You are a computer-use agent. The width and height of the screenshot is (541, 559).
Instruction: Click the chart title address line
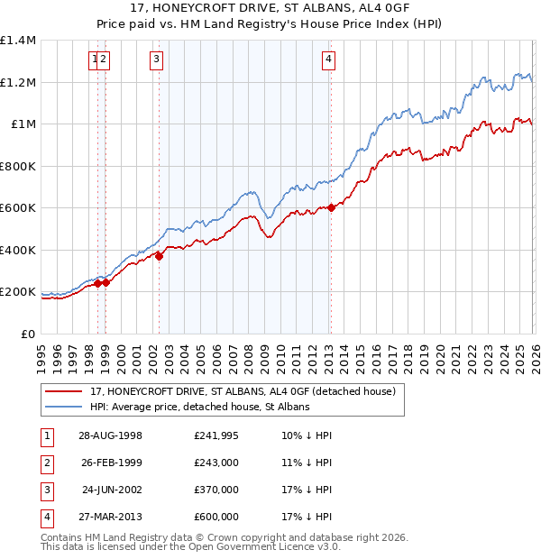point(270,9)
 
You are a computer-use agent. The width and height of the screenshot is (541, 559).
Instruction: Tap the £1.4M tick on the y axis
point(18,41)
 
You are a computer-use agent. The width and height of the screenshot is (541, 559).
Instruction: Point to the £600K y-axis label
point(18,208)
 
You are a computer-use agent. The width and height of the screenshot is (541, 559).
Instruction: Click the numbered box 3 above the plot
point(157,60)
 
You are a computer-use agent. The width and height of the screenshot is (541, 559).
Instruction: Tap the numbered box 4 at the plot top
point(329,60)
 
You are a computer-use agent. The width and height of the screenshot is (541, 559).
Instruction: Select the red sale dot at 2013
point(331,208)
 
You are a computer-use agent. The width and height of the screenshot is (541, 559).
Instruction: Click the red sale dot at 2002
point(160,256)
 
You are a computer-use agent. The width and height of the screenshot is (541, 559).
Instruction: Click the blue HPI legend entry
point(199,407)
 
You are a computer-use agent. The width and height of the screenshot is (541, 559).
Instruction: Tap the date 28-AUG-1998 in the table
point(110,435)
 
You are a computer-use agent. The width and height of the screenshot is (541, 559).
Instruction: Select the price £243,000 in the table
point(215,463)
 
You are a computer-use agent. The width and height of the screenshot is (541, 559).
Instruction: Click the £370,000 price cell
point(215,490)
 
